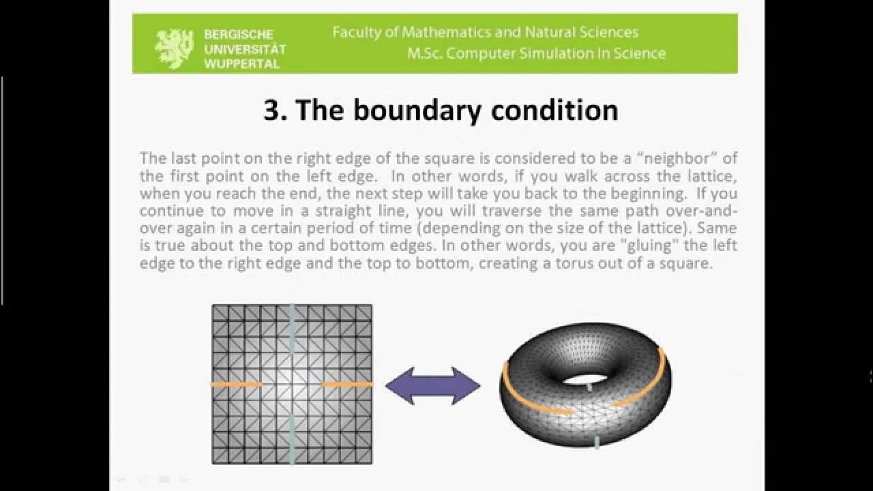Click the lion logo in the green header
pos(174,48)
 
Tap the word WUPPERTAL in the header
pos(241,63)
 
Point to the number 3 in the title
pos(271,110)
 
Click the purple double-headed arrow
pos(433,386)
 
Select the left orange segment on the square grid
pos(236,385)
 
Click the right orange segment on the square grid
pos(347,385)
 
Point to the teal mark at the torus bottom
pos(597,443)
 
